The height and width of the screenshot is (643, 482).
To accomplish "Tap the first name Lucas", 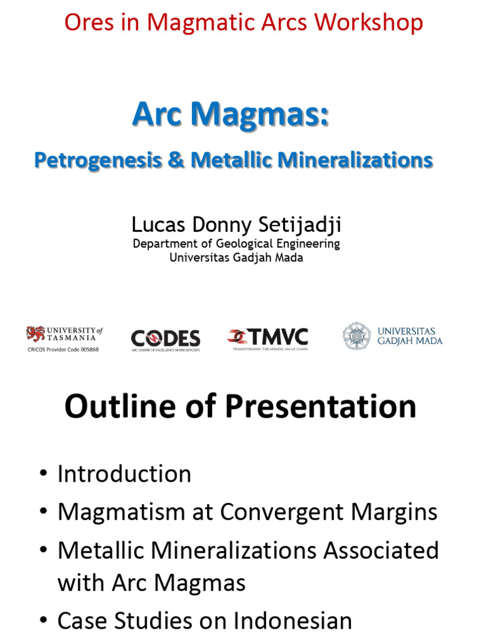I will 156,224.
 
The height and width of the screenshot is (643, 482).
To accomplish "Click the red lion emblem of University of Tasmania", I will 36,333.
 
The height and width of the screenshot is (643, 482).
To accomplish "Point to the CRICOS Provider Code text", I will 63,349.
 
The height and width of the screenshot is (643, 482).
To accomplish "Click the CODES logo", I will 165,339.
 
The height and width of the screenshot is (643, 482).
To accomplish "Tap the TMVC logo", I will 268,338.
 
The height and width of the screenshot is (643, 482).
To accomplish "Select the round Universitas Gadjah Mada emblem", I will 356,336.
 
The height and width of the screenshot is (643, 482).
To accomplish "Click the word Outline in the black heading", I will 119,407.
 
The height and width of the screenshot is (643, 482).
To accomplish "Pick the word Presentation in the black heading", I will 321,407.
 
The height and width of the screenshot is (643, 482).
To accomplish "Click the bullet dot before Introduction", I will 42,474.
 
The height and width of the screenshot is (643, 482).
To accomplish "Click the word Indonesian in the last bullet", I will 292,621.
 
